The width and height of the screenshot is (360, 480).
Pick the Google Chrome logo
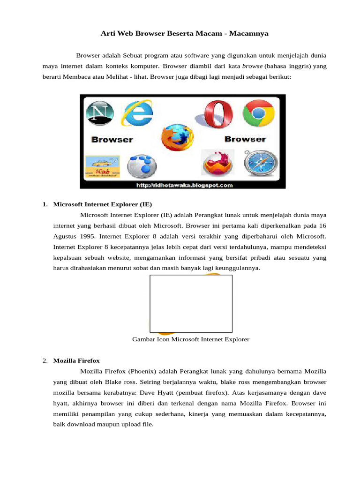pyautogui.click(x=258, y=114)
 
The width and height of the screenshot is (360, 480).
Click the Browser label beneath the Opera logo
pyautogui.click(x=245, y=139)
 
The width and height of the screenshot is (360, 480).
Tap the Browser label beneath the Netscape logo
pyautogui.click(x=112, y=140)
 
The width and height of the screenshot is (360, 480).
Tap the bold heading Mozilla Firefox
pyautogui.click(x=76, y=360)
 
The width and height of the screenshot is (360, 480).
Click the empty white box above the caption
pyautogui.click(x=191, y=304)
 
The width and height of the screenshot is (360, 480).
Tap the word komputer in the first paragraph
pyautogui.click(x=145, y=66)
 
